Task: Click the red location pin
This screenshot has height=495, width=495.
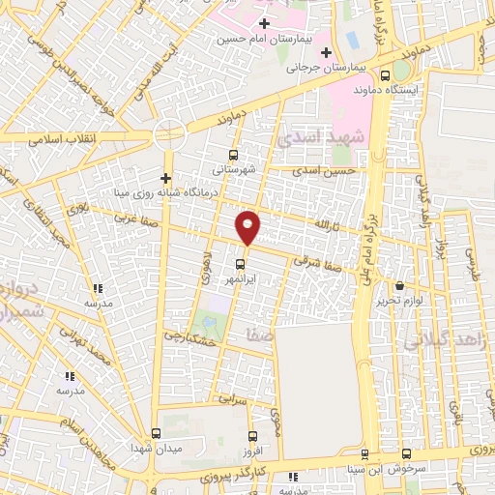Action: pos(248,226)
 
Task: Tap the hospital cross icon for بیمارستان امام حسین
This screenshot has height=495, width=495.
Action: pos(264,22)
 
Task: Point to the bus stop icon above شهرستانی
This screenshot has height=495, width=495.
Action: pos(232,155)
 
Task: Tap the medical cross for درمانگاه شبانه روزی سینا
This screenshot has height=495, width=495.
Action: pos(166,178)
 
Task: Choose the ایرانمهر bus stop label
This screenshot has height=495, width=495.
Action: pos(240,278)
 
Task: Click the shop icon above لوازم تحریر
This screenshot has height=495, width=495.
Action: pos(400,286)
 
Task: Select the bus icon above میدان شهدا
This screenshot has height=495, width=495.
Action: pos(157,434)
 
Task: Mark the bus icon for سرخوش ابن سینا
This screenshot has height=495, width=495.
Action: pos(404,455)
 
